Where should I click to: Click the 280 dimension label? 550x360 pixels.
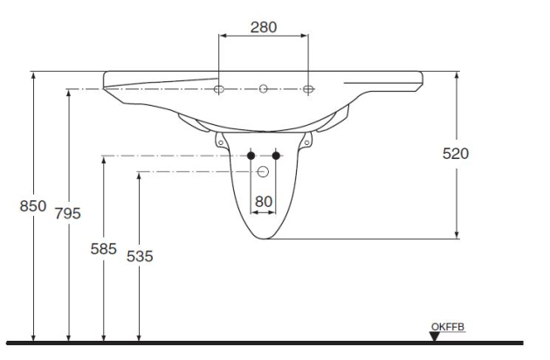264,26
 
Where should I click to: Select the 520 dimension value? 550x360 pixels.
456,154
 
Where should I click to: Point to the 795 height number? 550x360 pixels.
69,214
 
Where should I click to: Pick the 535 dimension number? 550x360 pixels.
139,256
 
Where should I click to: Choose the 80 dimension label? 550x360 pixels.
264,202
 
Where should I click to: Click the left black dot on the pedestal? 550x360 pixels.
251,156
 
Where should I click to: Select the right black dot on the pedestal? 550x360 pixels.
277,156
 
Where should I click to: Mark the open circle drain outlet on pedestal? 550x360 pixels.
264,171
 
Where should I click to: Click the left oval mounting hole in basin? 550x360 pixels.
219,89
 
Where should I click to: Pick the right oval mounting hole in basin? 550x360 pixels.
308,89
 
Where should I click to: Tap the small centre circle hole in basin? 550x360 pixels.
264,89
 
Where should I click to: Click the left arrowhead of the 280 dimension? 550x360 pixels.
222,37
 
